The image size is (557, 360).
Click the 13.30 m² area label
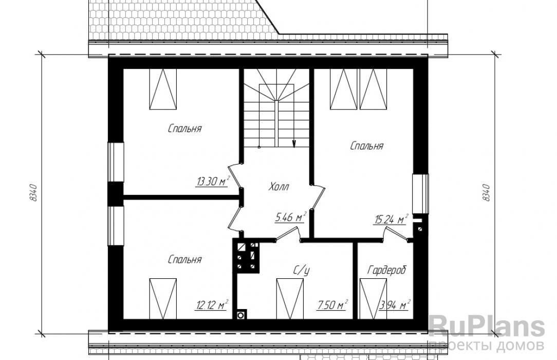(212, 182)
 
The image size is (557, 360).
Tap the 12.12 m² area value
(212, 305)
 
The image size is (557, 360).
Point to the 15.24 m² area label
(391, 220)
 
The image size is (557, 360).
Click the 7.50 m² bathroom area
(332, 305)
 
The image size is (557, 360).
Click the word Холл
(279, 187)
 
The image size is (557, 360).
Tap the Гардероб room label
(386, 271)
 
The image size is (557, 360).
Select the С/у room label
(301, 271)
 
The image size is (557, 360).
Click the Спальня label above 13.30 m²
(184, 128)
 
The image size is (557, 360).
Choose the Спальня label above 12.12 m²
(184, 260)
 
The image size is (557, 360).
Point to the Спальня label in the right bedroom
(366, 146)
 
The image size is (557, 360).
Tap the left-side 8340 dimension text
(34, 193)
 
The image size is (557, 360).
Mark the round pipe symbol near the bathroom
(241, 315)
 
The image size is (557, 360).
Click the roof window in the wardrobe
(373, 299)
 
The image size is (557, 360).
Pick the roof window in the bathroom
(290, 299)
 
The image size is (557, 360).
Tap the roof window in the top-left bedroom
(163, 89)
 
